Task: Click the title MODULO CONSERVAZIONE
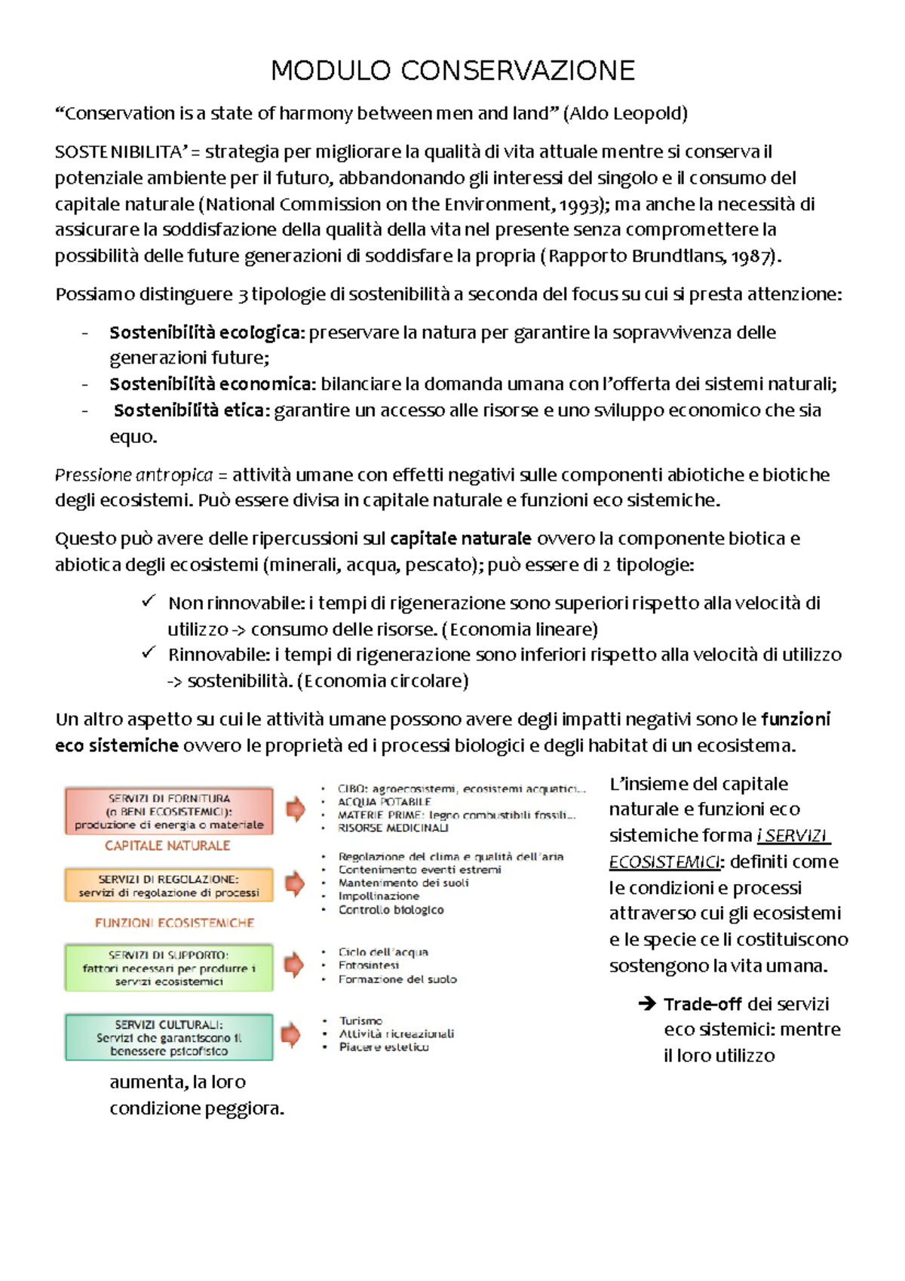click(452, 70)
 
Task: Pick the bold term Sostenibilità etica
click(191, 410)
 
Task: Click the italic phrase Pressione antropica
click(133, 475)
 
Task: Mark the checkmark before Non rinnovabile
click(149, 601)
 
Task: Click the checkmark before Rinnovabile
click(149, 653)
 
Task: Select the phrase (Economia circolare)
click(383, 681)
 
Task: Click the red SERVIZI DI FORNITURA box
click(169, 811)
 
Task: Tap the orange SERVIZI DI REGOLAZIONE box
click(169, 886)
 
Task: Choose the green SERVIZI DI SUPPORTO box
click(169, 968)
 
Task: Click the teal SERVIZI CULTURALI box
click(169, 1037)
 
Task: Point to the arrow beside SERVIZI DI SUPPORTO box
click(294, 965)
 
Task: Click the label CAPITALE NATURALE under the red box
click(167, 846)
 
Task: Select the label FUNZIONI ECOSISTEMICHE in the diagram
click(174, 923)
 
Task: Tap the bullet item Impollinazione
click(379, 896)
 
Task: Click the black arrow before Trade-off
click(647, 1003)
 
